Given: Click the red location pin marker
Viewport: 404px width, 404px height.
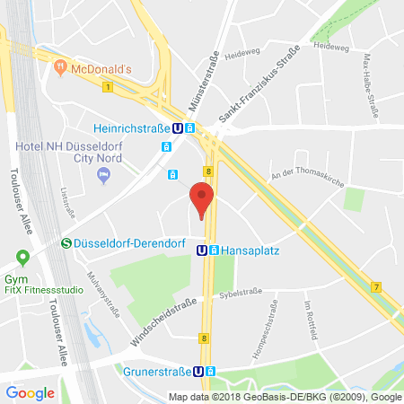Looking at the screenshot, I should pos(202,199).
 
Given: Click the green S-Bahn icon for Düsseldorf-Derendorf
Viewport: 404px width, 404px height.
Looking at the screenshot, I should pos(66,242).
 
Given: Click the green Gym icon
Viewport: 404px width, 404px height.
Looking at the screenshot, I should pos(20,253).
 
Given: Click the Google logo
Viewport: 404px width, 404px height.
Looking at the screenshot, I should pos(30,392).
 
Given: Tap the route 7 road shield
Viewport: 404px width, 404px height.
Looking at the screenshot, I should pos(375,287).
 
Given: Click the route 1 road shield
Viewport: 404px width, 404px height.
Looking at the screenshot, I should pos(107,87).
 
